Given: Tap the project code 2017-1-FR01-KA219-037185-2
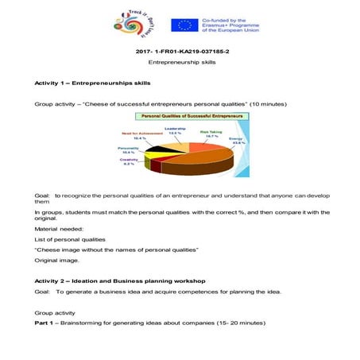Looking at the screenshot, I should point(180,53).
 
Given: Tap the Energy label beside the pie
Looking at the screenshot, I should point(237,140).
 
